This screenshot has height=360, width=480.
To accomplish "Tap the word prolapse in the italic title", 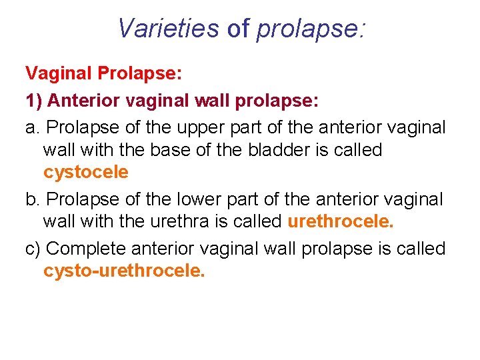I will coord(310,29).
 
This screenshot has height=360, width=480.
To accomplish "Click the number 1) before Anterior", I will coord(34,101).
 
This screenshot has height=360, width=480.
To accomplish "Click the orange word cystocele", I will coord(85,172).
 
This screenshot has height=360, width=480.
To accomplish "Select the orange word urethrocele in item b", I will coord(341,221).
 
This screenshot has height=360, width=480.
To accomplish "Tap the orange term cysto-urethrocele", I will coord(123,271).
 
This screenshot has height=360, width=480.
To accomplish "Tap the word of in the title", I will coord(239,28).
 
